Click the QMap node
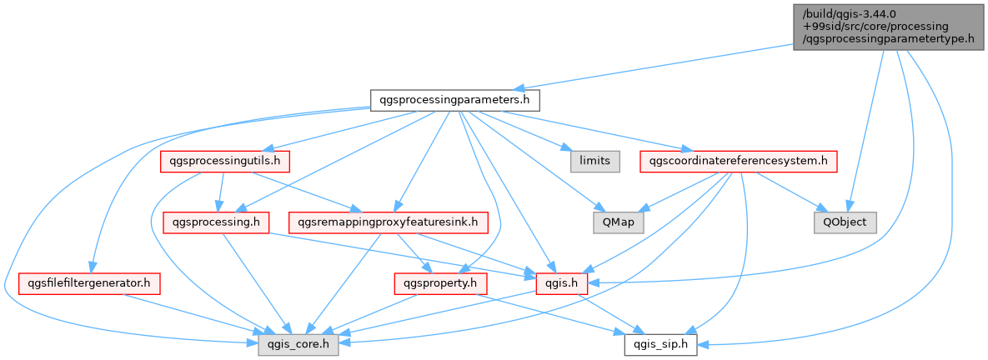point(618,222)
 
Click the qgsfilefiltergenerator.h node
point(89,284)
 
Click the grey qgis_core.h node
point(298,345)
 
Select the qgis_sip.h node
point(660,345)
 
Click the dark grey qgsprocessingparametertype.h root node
point(889,27)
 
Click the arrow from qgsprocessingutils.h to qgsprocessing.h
point(221,192)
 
